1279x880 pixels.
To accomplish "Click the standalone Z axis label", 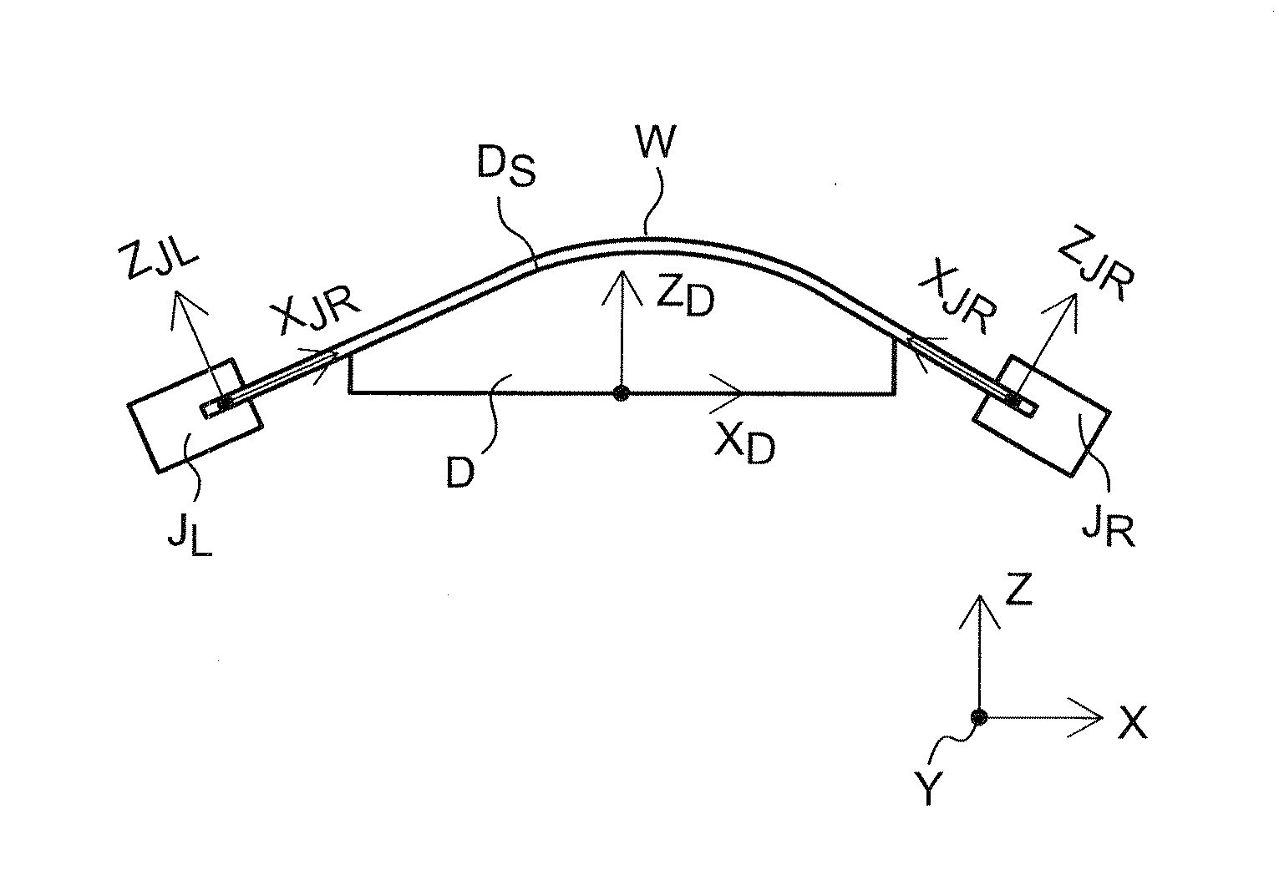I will pyautogui.click(x=1020, y=590).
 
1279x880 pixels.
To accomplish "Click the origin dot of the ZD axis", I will pyautogui.click(x=620, y=393).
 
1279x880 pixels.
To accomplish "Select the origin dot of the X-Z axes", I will pyautogui.click(x=979, y=717).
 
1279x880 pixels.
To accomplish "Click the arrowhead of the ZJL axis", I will pyautogui.click(x=178, y=296).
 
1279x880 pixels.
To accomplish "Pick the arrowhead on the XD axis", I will pyautogui.click(x=735, y=392).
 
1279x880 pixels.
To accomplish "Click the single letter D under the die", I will pyautogui.click(x=460, y=472).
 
